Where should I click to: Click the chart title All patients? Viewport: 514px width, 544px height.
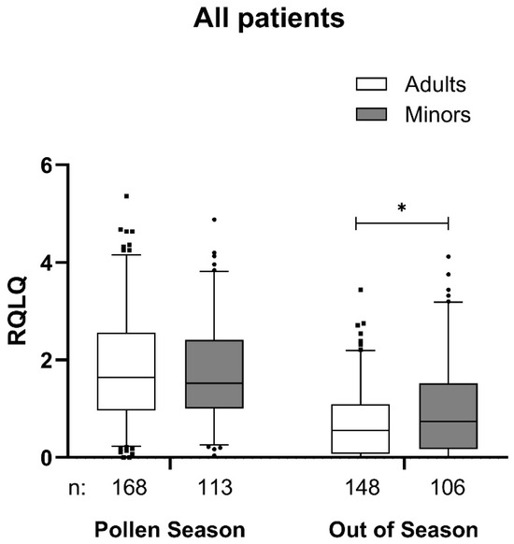click(x=256, y=18)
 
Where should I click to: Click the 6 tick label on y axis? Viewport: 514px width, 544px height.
click(x=33, y=165)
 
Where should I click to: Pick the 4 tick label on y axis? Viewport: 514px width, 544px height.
click(x=33, y=263)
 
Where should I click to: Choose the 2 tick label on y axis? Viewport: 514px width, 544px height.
click(x=33, y=360)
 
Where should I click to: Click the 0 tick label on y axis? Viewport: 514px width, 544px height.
click(x=33, y=457)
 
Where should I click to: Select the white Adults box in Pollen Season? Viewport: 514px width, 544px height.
click(x=126, y=371)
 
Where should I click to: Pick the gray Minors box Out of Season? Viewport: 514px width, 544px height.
click(x=449, y=417)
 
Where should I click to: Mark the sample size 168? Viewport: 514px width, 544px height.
click(x=126, y=487)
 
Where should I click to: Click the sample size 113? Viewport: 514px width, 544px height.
click(x=215, y=487)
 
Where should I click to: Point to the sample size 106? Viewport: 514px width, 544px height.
click(x=449, y=487)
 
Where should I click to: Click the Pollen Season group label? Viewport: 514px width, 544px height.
click(x=171, y=528)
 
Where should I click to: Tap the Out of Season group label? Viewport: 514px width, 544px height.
click(x=404, y=528)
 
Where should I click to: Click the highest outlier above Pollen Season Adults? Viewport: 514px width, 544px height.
click(x=126, y=196)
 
